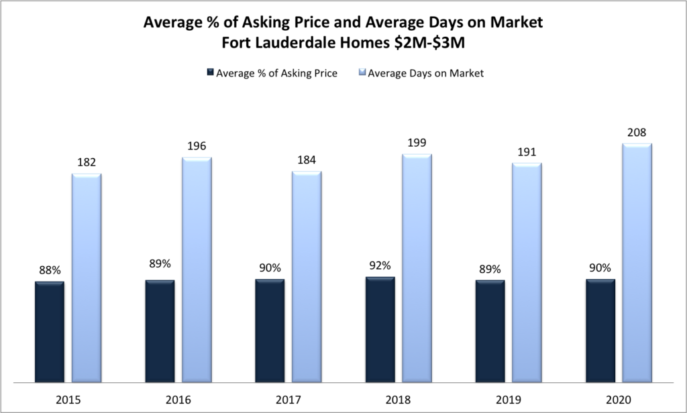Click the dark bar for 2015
pos(50,331)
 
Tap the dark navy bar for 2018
pos(380,329)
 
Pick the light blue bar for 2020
pos(637,262)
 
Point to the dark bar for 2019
pos(490,331)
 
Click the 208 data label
pos(637,132)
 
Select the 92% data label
pos(380,266)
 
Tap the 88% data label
pos(50,270)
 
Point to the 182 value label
pos(87,163)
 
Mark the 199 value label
pos(417,143)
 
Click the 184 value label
pos(307,160)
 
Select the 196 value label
pos(197,146)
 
